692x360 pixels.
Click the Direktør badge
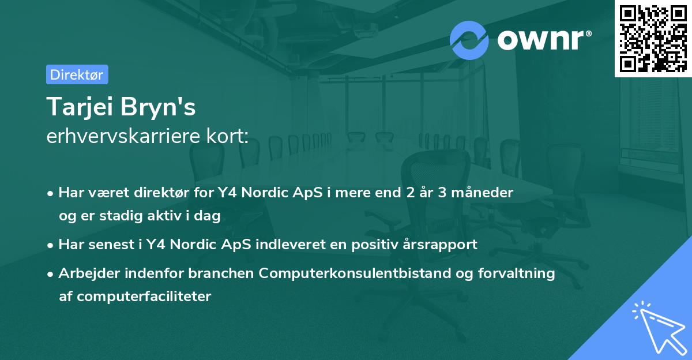click(x=77, y=74)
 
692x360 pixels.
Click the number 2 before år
click(x=410, y=193)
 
